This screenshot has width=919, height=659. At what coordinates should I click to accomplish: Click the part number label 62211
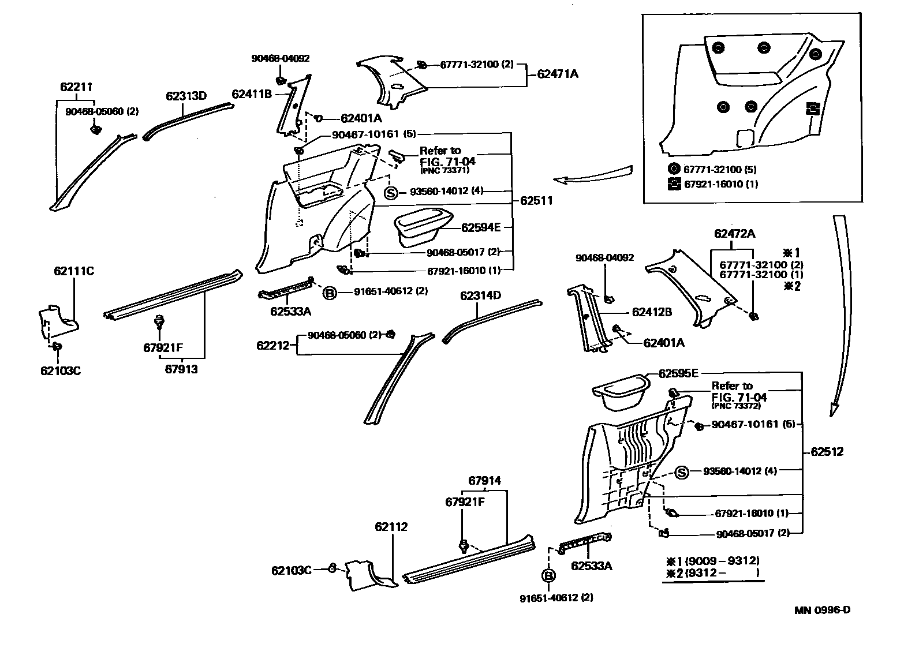76,87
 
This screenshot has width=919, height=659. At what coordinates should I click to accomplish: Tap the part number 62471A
557,74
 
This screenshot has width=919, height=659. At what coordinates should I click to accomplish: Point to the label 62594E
481,227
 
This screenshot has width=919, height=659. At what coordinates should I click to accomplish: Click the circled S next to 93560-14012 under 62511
391,193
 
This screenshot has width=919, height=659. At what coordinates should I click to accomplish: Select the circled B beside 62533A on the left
329,293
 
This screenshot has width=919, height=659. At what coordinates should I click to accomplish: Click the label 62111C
74,271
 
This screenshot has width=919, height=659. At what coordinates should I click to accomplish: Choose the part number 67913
181,369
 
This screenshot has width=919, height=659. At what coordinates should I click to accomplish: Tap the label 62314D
480,295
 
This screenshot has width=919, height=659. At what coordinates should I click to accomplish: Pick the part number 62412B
652,312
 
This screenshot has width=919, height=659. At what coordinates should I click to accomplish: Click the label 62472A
734,234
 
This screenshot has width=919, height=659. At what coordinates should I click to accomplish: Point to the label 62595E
678,373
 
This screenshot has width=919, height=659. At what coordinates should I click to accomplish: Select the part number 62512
827,451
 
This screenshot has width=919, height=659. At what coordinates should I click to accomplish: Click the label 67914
484,480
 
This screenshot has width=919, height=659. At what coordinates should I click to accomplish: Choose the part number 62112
391,526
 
